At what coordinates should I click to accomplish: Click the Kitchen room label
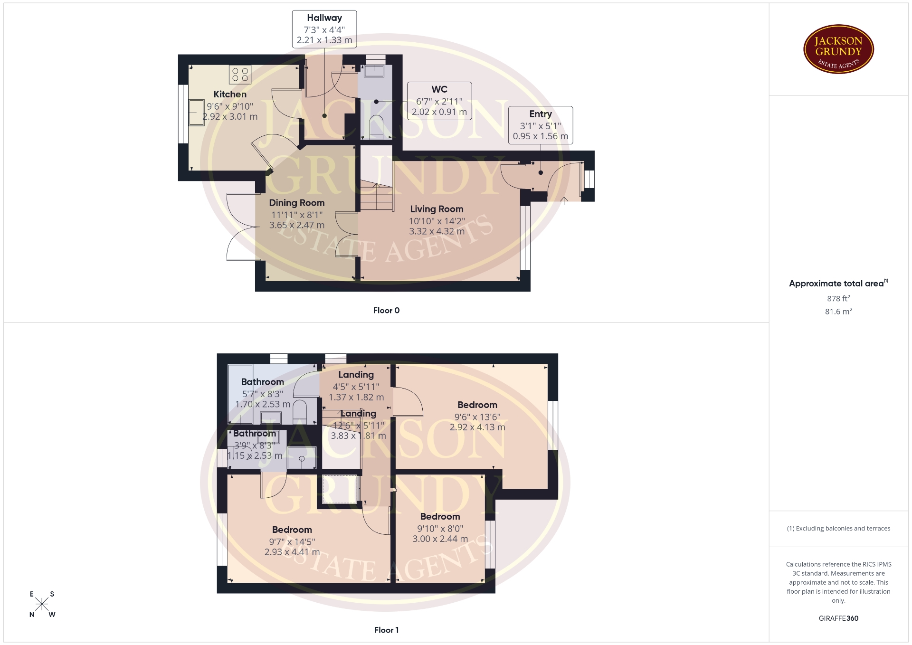pos(230,94)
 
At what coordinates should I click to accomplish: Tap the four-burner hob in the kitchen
pos(240,75)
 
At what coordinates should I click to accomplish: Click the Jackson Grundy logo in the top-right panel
pos(838,49)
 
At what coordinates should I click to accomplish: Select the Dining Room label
pos(297,203)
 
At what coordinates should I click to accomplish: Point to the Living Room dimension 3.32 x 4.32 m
pos(437,231)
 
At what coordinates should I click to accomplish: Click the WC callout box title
pos(439,89)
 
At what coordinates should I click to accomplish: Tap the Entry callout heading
pos(541,114)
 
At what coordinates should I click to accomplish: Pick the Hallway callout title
pos(324,18)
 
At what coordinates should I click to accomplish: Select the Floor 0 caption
pos(386,310)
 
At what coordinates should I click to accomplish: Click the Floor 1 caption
pos(386,630)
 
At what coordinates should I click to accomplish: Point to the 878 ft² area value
pos(838,298)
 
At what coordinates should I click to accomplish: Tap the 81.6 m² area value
pos(838,311)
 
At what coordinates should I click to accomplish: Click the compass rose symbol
pos(42,604)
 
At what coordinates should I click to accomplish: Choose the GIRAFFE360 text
pos(838,618)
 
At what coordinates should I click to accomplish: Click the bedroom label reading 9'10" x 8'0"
pos(440,528)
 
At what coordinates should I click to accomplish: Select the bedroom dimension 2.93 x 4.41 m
pos(292,552)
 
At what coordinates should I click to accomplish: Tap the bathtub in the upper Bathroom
pos(240,394)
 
